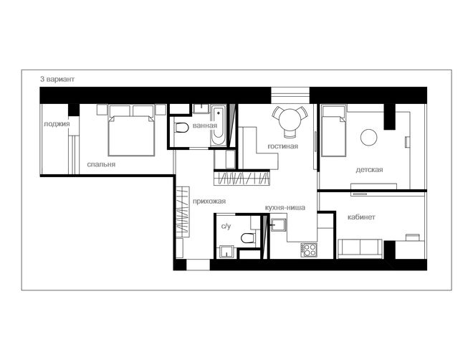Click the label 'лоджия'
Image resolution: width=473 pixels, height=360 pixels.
click(x=57, y=124)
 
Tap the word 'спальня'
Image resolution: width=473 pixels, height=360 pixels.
click(x=101, y=164)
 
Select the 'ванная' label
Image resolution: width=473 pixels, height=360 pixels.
click(x=204, y=125)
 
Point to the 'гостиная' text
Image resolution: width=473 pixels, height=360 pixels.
click(x=282, y=146)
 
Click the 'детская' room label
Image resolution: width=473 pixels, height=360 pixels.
click(x=369, y=169)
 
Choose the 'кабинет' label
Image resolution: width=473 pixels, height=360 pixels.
click(x=361, y=217)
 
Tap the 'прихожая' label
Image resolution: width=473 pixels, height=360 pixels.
click(x=209, y=202)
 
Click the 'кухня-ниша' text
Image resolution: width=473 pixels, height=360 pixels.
click(x=285, y=208)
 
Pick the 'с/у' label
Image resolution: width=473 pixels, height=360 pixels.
click(x=226, y=226)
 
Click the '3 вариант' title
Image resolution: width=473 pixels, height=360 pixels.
click(x=57, y=80)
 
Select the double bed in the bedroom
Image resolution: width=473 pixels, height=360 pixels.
click(x=131, y=131)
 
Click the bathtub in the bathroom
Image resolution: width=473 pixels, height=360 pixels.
click(x=218, y=125)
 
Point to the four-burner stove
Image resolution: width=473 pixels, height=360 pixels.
click(x=309, y=250)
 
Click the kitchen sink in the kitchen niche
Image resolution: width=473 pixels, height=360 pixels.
click(x=278, y=224)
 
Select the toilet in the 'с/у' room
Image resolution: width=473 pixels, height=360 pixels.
click(x=248, y=238)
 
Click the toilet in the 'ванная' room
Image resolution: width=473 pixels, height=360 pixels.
click(x=181, y=128)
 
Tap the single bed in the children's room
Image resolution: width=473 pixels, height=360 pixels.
click(x=333, y=131)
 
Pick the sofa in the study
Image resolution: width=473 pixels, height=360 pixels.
click(x=360, y=249)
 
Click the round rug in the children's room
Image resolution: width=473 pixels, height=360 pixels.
click(x=369, y=137)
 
